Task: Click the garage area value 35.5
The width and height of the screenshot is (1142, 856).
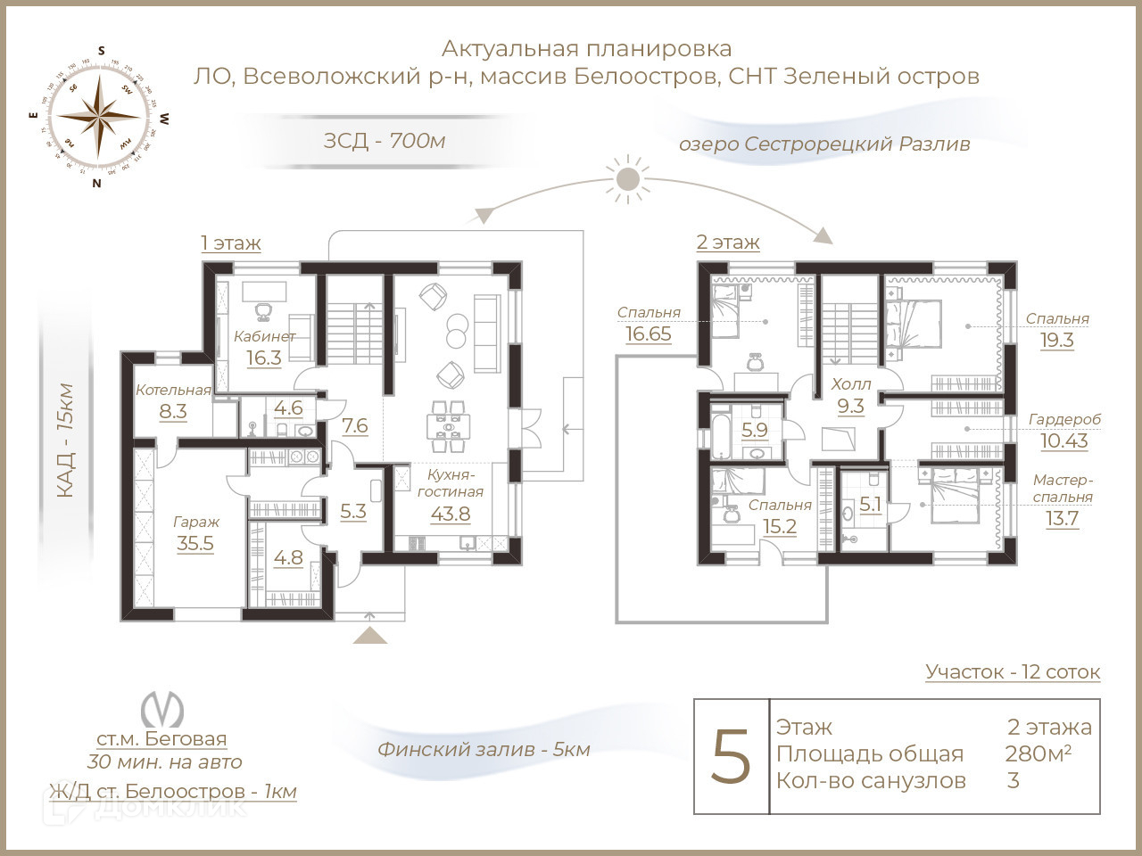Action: click(194, 544)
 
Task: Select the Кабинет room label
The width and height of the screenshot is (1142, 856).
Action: click(264, 336)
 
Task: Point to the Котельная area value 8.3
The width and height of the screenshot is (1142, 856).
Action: click(173, 411)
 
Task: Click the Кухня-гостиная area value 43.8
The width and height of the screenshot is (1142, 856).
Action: click(450, 514)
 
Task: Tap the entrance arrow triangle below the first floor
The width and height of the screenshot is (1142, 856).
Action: click(370, 635)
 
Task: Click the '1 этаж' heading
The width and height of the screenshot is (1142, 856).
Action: click(230, 243)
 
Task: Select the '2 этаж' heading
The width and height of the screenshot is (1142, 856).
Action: click(727, 242)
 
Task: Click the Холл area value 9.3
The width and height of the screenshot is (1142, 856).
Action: click(850, 407)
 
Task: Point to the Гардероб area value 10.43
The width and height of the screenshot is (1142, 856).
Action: click(1064, 440)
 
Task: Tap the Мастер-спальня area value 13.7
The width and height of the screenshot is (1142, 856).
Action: click(1062, 518)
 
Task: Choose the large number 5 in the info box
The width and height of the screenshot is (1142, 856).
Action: click(732, 756)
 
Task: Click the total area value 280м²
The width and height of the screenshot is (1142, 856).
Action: click(1038, 753)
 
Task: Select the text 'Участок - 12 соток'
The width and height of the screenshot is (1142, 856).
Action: click(1013, 671)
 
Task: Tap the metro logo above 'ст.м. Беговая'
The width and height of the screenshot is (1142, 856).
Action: click(161, 710)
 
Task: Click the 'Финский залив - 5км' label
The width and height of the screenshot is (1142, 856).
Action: click(484, 749)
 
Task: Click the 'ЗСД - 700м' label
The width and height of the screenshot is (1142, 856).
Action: click(384, 140)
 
